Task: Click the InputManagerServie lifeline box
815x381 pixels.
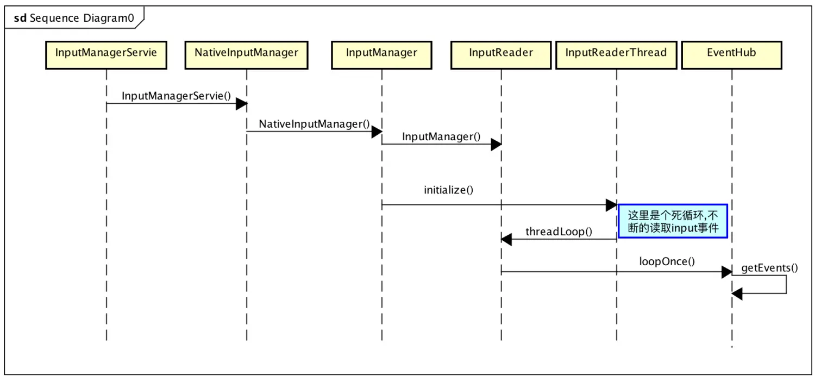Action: pyautogui.click(x=106, y=55)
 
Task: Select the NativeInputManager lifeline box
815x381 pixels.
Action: pyautogui.click(x=246, y=55)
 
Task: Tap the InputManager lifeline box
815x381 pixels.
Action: pyautogui.click(x=381, y=55)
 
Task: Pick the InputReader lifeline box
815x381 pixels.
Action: pyautogui.click(x=501, y=55)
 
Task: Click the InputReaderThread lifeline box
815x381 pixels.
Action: pyautogui.click(x=616, y=55)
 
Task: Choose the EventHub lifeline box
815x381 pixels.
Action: pyautogui.click(x=732, y=55)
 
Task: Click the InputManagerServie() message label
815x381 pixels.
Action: pyautogui.click(x=176, y=96)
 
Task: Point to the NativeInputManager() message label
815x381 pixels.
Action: pyautogui.click(x=314, y=124)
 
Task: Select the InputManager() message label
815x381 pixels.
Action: pyautogui.click(x=441, y=136)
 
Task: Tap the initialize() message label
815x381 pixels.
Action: pyautogui.click(x=448, y=190)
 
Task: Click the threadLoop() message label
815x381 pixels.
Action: pyautogui.click(x=559, y=232)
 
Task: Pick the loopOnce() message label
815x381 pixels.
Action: pyautogui.click(x=667, y=261)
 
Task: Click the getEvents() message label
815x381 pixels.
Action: pyautogui.click(x=769, y=268)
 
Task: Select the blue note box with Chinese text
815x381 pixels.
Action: pyautogui.click(x=673, y=221)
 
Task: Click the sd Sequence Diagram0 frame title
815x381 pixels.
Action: pyautogui.click(x=74, y=18)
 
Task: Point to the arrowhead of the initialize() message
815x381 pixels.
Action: pyautogui.click(x=611, y=205)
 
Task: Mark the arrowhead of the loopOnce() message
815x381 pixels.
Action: pyautogui.click(x=727, y=272)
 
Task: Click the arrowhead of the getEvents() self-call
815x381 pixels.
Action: pyautogui.click(x=737, y=293)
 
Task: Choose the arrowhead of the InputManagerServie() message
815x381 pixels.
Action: pyautogui.click(x=242, y=104)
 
